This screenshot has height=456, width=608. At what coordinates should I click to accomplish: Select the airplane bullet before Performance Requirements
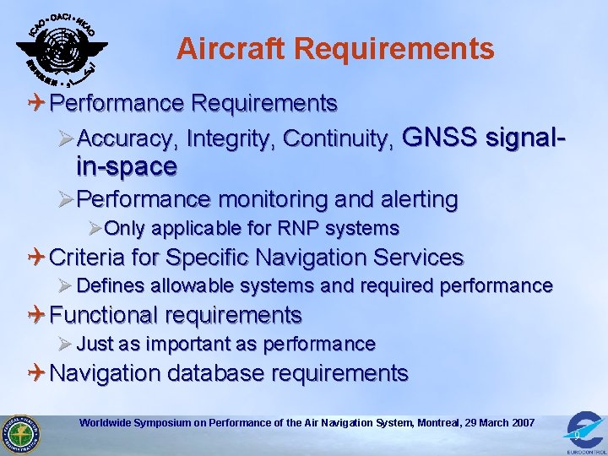click(38, 104)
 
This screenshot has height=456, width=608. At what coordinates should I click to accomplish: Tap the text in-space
click(127, 166)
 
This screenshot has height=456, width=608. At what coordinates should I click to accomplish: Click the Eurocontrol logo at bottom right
click(583, 430)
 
